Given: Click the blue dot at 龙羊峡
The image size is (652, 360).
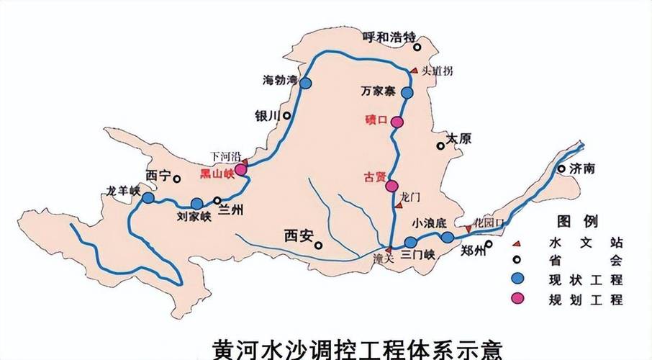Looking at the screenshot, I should pyautogui.click(x=148, y=197).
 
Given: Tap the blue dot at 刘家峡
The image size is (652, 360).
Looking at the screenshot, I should pyautogui.click(x=196, y=204).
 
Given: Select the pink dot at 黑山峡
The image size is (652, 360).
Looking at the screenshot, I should pyautogui.click(x=240, y=169).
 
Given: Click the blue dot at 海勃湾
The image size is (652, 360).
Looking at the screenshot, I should pyautogui.click(x=306, y=83).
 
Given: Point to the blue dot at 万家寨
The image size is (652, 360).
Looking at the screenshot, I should pyautogui.click(x=407, y=93).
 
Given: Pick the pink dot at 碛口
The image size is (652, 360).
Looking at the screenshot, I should pyautogui.click(x=397, y=122).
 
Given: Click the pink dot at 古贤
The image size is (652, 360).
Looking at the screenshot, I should pyautogui.click(x=391, y=186).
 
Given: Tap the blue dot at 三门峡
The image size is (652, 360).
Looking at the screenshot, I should pyautogui.click(x=410, y=242).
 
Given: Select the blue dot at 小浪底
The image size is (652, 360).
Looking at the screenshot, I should pyautogui.click(x=448, y=238).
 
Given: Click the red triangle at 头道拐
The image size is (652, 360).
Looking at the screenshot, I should pyautogui.click(x=414, y=70).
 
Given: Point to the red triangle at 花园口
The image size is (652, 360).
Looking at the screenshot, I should pyautogui.click(x=468, y=228).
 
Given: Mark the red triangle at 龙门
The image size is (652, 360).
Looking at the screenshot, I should pyautogui.click(x=399, y=206).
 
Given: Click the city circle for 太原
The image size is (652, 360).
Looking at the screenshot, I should pyautogui.click(x=440, y=146).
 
